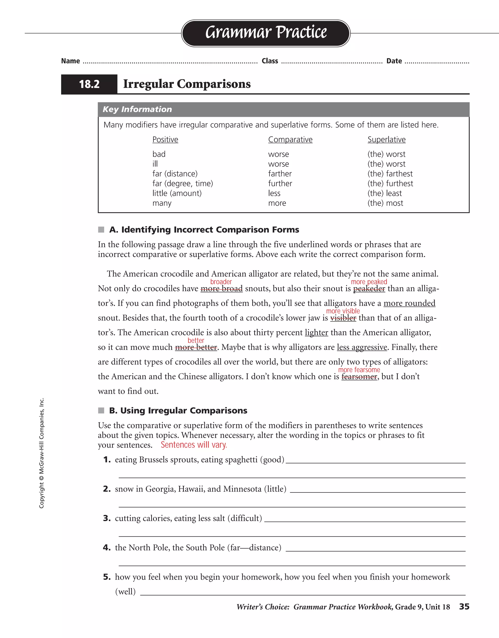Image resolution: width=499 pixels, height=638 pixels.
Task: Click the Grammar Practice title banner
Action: coord(266,33)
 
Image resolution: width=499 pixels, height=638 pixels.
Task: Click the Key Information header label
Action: coord(137,109)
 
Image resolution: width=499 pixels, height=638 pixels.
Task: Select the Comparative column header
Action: coord(290,140)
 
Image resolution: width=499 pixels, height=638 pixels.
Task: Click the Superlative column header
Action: coord(386,140)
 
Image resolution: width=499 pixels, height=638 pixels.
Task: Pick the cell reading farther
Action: coord(280,174)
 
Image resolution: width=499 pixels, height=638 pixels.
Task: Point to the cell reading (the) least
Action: coord(384,193)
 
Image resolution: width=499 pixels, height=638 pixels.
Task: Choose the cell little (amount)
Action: coord(177,193)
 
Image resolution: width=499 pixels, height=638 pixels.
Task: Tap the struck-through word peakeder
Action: coord(369,289)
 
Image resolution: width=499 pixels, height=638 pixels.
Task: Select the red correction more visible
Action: coord(343,311)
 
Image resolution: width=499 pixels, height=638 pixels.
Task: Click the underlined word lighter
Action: coord(316,333)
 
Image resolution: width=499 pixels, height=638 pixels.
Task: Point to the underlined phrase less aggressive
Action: coord(362,347)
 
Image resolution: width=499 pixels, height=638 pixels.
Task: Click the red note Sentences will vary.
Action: coord(194,445)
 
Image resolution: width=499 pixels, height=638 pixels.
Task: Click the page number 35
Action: coord(464,607)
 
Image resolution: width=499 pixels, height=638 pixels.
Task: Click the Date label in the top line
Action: coord(394,61)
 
